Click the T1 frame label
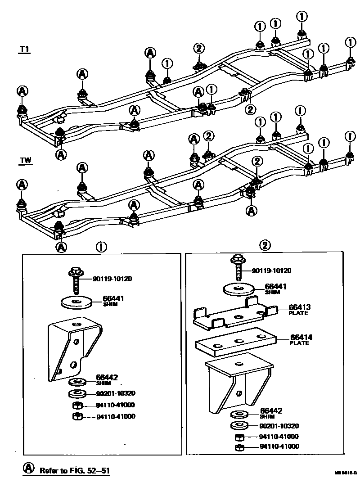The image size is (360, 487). (x=24, y=50)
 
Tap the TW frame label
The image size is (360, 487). (x=25, y=160)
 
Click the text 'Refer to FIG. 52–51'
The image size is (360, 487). (x=75, y=471)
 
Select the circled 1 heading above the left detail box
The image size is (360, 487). (x=101, y=246)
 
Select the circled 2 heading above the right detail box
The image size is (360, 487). (x=265, y=245)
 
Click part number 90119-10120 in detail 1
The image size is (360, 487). (x=113, y=279)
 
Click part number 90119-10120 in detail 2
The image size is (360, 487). (x=271, y=271)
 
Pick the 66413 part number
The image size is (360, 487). (x=300, y=308)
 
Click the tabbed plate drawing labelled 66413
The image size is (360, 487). (x=234, y=312)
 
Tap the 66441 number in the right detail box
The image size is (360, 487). (x=276, y=286)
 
